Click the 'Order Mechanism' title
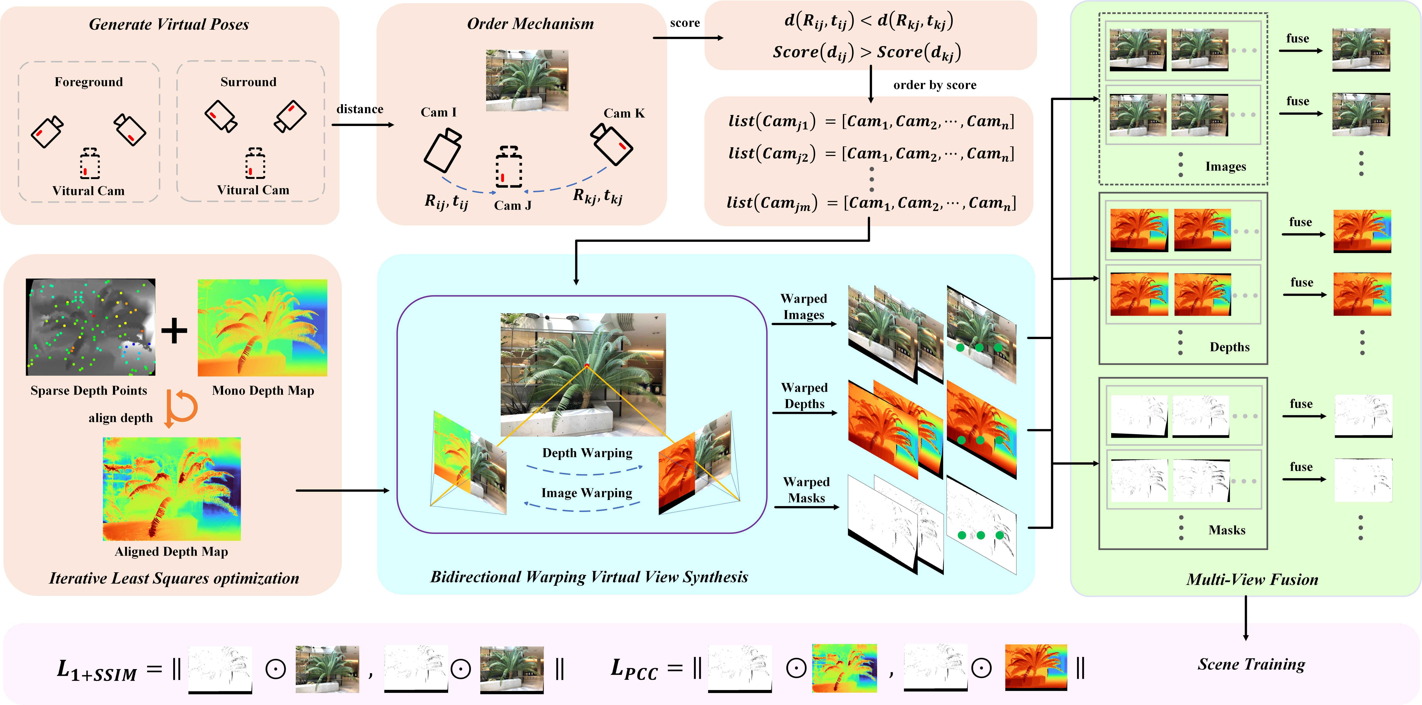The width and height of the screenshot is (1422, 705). [x=530, y=24]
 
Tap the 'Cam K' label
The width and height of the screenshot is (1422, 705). [x=624, y=113]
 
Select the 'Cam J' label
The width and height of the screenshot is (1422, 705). [x=512, y=205]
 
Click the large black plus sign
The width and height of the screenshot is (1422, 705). [x=175, y=331]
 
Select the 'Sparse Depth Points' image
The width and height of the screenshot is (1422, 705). [x=91, y=327]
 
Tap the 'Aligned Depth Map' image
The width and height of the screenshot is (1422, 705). [x=172, y=489]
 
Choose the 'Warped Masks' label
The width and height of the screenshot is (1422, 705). [x=806, y=490]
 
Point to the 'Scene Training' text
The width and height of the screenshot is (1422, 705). [x=1251, y=664]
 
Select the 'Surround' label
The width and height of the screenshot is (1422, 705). [x=248, y=82]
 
